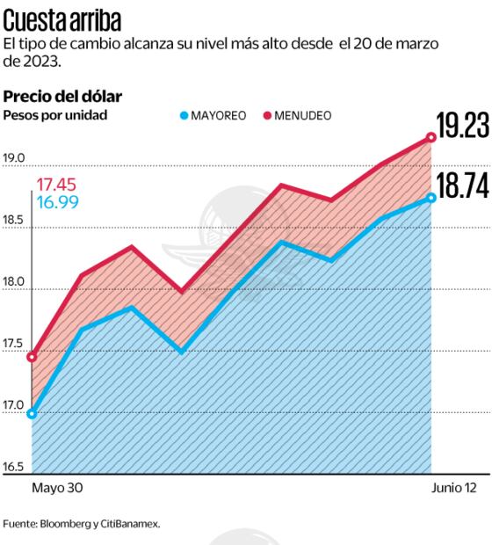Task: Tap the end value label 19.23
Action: (462, 126)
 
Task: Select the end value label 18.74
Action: (462, 187)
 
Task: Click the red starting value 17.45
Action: (55, 185)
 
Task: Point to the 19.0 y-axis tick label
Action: (14, 159)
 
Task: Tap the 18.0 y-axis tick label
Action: (14, 287)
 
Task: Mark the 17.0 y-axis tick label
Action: (14, 405)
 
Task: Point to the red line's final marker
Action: (431, 137)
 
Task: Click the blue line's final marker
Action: (431, 198)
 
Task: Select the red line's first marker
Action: (33, 357)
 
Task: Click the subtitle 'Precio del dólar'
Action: (62, 97)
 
